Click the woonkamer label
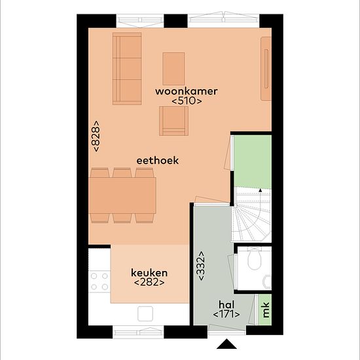click(186, 92)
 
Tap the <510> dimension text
click(187, 101)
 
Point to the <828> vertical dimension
click(96, 136)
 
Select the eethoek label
click(158, 160)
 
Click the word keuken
click(149, 273)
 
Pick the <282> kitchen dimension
click(149, 282)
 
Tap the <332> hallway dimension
click(201, 266)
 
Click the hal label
click(226, 305)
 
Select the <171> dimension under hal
click(226, 314)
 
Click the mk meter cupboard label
click(266, 310)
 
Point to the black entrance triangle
click(226, 344)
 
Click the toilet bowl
click(255, 259)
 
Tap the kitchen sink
click(145, 314)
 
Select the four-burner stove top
click(99, 281)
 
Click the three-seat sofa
click(127, 69)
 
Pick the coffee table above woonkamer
click(173, 69)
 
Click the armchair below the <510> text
click(174, 121)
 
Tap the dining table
click(122, 196)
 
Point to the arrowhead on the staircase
click(260, 190)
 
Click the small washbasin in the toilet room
click(268, 282)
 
